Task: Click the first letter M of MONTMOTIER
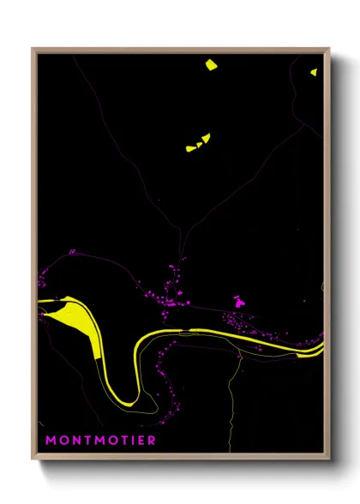51,441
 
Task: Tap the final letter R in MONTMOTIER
152,441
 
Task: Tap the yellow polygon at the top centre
211,64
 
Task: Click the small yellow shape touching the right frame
315,72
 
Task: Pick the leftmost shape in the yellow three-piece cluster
190,148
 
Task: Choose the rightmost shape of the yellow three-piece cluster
207,137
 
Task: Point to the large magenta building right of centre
238,301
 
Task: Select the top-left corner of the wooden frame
33,49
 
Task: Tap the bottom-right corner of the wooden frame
328,459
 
